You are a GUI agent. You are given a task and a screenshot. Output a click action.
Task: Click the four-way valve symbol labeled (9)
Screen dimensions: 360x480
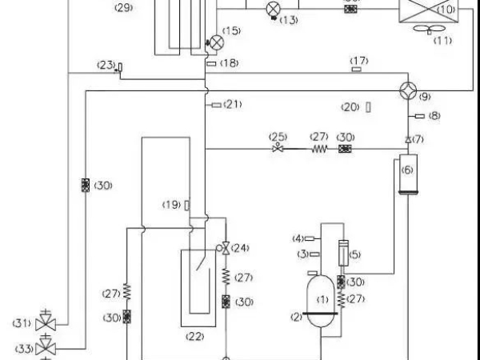pyautogui.click(x=409, y=90)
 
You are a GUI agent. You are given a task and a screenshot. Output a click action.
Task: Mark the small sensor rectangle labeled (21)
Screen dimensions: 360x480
pyautogui.click(x=215, y=104)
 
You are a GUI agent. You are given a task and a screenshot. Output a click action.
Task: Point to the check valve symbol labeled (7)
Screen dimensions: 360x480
pyautogui.click(x=408, y=140)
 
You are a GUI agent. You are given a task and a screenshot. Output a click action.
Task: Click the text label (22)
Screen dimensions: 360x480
pyautogui.click(x=195, y=336)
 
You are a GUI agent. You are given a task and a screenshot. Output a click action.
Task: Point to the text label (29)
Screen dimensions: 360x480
pyautogui.click(x=124, y=7)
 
